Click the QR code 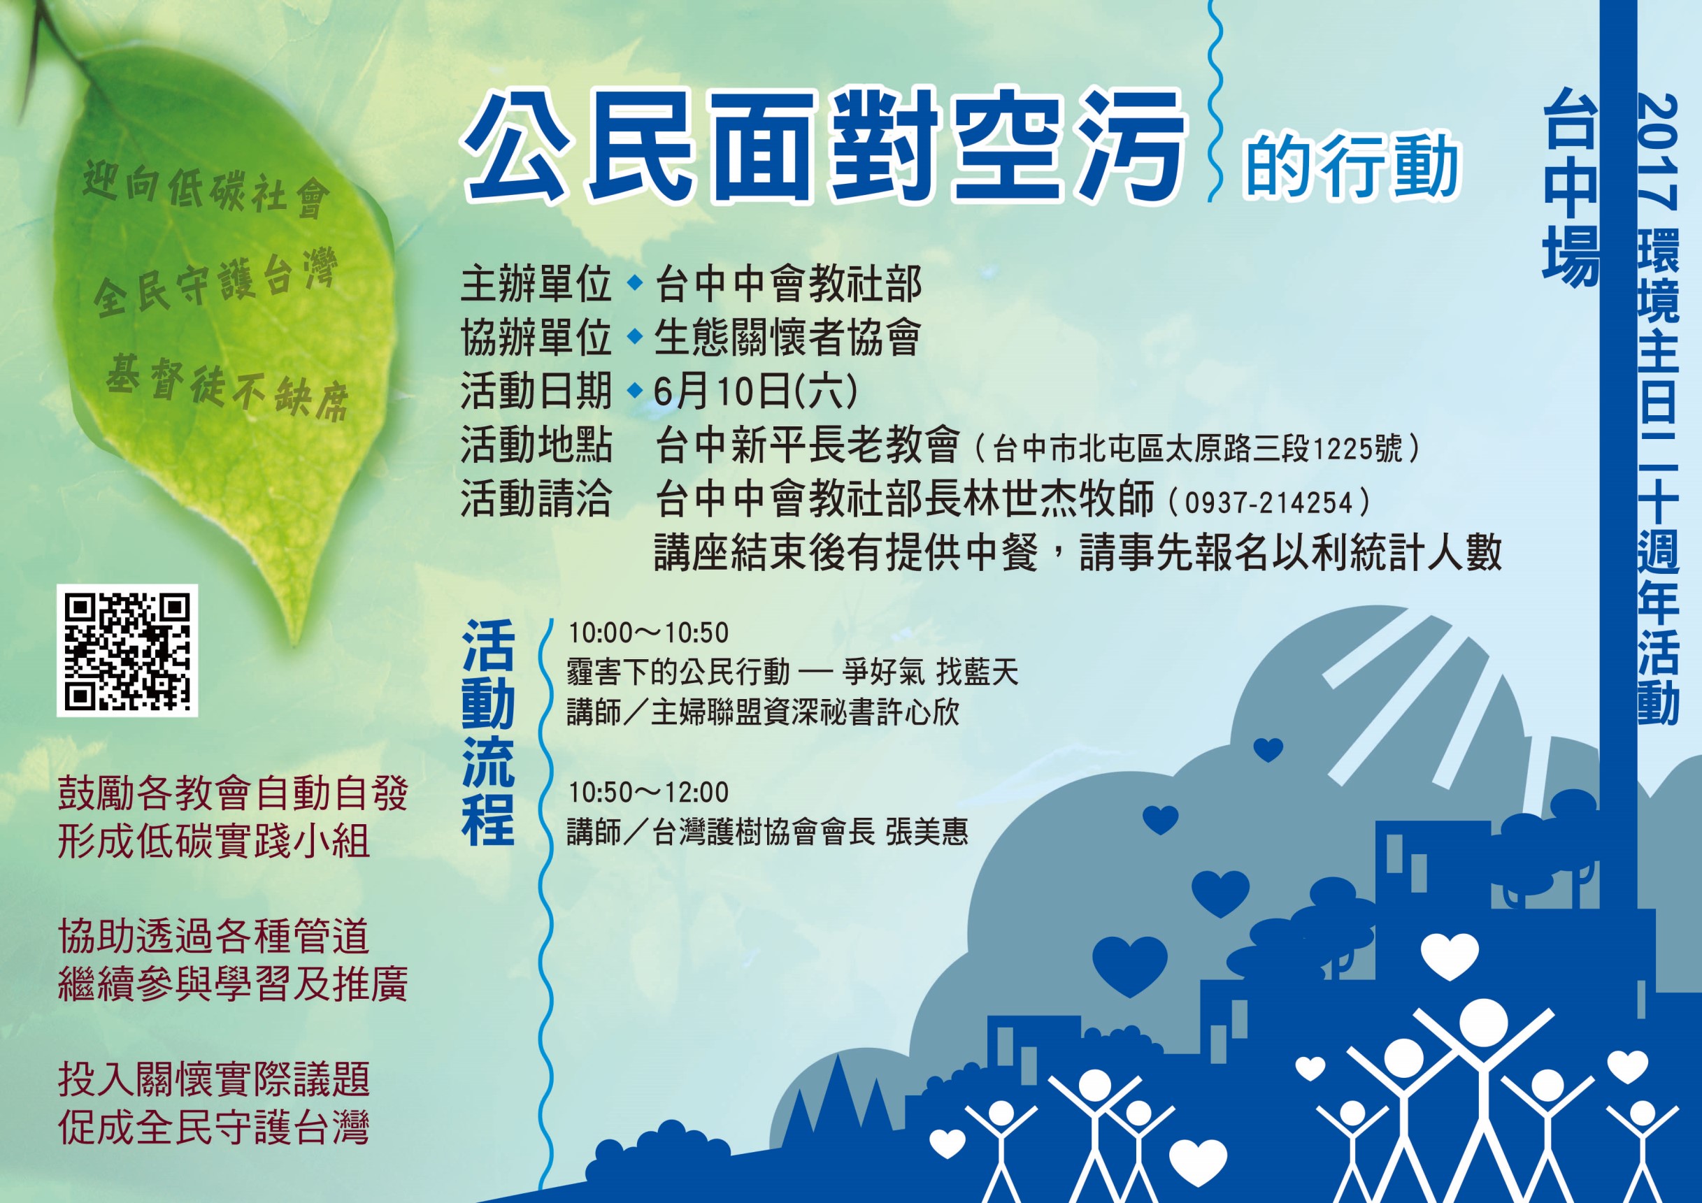[x=127, y=650]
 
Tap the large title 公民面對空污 [x=824, y=155]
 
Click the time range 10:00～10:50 [x=649, y=633]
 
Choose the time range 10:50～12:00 [x=649, y=793]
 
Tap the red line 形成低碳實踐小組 [x=213, y=842]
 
